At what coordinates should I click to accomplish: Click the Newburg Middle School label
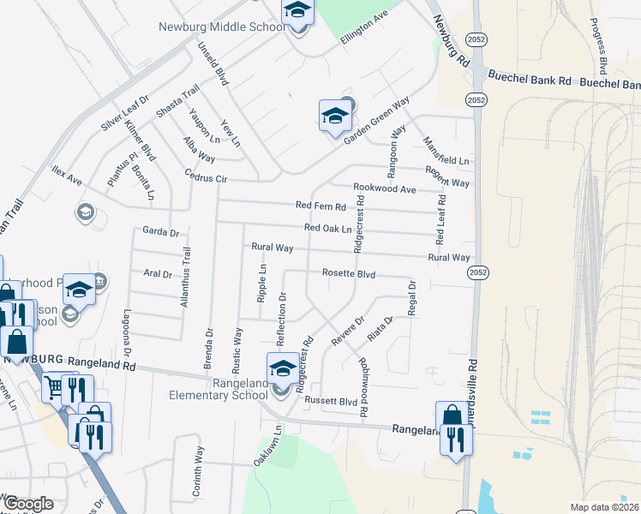pos(221,27)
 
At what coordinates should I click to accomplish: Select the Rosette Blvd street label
pos(349,273)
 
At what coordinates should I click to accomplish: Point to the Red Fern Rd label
pos(320,206)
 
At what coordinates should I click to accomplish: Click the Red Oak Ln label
pos(327,229)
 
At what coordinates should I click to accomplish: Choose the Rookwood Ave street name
pos(384,188)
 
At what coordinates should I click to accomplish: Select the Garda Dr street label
pos(160,232)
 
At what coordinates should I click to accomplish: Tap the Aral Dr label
pos(158,274)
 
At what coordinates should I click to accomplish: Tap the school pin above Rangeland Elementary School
pos(282,368)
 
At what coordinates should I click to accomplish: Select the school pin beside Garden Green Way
pos(334,116)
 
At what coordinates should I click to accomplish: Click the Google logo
pos(29,504)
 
